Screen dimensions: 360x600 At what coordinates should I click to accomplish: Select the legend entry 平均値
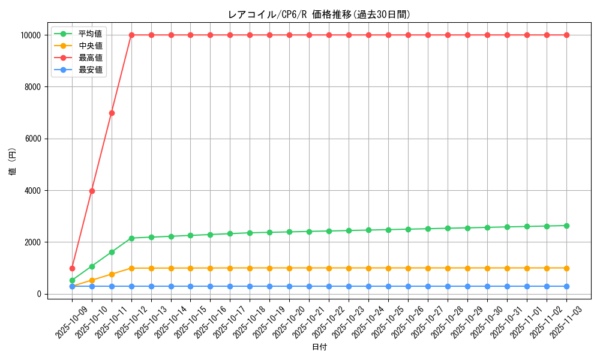point(90,34)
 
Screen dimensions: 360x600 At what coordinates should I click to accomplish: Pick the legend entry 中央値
point(90,46)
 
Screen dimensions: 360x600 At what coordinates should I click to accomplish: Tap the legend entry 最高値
point(90,58)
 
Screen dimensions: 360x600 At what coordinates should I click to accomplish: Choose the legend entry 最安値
point(90,70)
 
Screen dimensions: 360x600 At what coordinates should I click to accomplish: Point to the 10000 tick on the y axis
point(31,35)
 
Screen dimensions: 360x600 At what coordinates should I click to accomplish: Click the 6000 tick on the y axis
point(33,139)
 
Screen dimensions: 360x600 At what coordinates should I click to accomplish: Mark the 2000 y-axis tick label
point(33,242)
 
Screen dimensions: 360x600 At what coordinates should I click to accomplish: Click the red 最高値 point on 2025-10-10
point(92,191)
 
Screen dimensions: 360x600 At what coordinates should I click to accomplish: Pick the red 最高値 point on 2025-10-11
point(112,113)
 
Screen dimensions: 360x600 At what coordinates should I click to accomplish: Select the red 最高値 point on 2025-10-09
point(72,268)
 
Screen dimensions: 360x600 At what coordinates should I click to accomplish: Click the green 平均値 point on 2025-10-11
point(112,252)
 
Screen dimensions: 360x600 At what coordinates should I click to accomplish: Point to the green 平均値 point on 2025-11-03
point(566,226)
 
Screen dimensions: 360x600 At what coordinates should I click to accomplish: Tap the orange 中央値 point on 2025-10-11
point(112,274)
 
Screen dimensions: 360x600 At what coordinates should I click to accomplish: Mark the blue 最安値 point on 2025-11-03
point(566,286)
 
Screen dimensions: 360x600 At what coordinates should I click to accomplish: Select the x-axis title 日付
point(319,347)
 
